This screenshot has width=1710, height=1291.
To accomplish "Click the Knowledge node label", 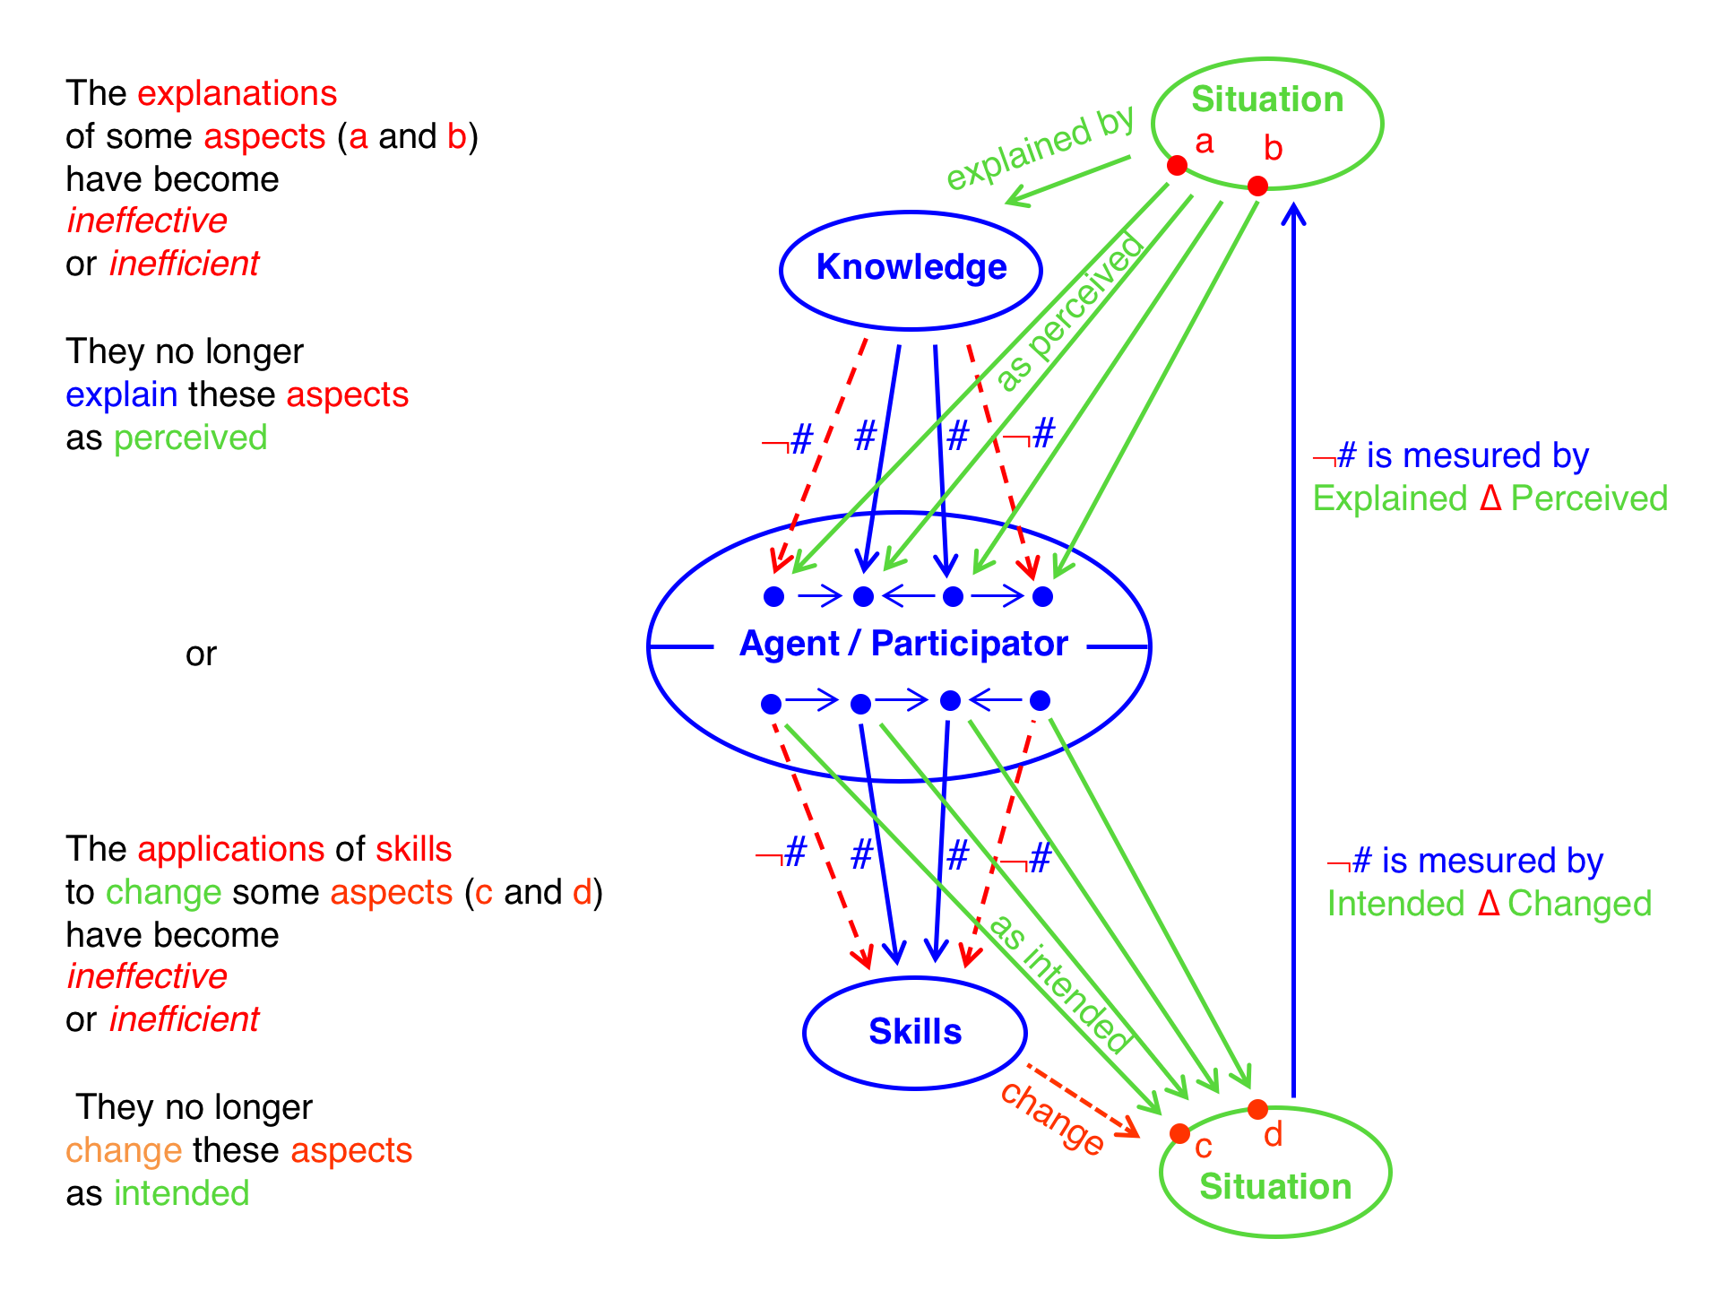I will (911, 267).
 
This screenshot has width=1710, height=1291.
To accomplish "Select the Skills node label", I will (915, 1032).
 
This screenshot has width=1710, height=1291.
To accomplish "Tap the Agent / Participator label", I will (903, 644).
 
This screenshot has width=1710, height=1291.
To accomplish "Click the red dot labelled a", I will (1177, 165).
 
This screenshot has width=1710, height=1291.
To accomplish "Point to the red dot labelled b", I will (1257, 186).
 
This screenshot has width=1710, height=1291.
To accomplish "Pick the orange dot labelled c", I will (1180, 1133).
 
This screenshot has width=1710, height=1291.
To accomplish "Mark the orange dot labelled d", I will (1257, 1109).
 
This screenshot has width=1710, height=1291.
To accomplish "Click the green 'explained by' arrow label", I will (1041, 149).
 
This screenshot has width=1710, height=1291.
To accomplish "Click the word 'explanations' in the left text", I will (237, 93).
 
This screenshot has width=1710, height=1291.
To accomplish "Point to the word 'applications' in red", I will (230, 849).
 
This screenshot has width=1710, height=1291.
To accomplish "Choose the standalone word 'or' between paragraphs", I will (201, 654).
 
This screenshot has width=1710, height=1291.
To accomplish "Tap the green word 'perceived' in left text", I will (190, 438).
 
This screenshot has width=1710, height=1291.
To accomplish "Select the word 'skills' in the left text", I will (413, 849).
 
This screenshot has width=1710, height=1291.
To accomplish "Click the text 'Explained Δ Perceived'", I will (1490, 498).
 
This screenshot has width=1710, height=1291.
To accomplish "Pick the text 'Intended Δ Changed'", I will (1489, 904).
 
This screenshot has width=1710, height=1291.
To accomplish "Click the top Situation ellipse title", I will (1267, 100).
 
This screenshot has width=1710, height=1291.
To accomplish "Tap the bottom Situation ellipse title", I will (1275, 1187).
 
